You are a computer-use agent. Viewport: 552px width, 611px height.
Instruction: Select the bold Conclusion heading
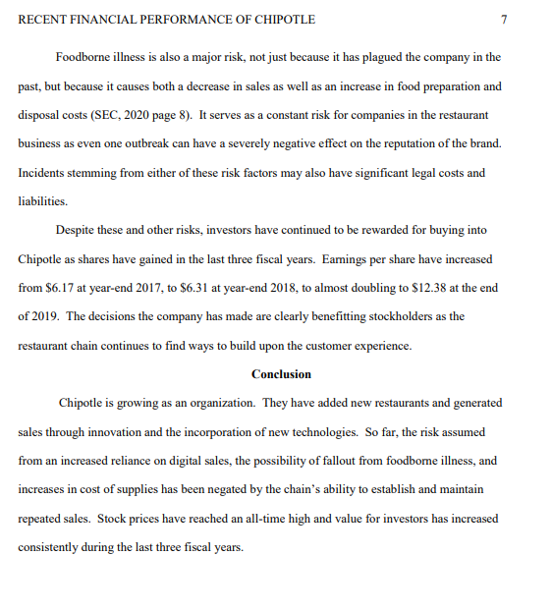click(x=281, y=374)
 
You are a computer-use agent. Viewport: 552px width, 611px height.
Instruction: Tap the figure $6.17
click(x=61, y=288)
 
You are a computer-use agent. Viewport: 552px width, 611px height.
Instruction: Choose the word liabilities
click(x=42, y=201)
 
